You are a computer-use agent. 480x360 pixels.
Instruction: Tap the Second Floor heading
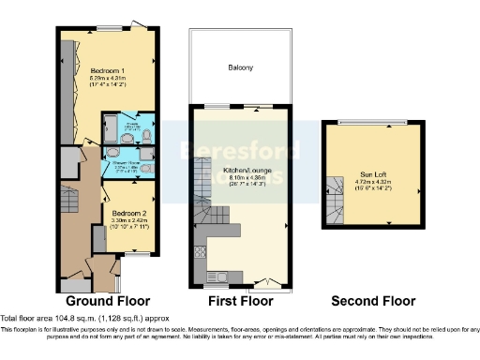click(372, 301)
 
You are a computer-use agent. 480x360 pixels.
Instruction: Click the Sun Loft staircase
click(337, 197)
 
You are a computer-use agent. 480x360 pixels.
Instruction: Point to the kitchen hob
click(199, 250)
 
